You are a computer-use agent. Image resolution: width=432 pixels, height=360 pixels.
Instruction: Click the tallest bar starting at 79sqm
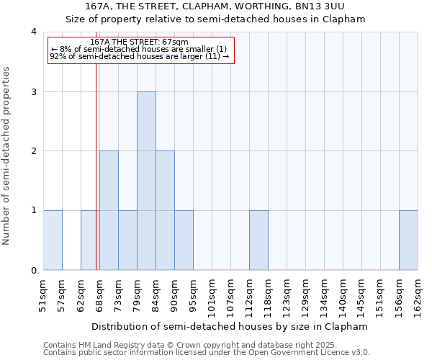pos(146,181)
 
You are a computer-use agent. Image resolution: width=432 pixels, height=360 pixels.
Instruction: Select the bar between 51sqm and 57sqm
pos(53,240)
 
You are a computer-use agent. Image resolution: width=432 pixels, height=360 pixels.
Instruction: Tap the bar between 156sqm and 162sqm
pos(408,240)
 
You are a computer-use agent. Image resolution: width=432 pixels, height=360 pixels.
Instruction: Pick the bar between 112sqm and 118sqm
pos(258,240)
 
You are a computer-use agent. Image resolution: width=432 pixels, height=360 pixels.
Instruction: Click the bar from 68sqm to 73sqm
pos(109,210)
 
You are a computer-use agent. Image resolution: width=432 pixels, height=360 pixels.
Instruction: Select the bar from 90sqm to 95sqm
pos(184,240)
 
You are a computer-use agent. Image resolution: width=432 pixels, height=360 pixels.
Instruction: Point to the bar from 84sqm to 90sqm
pos(165,210)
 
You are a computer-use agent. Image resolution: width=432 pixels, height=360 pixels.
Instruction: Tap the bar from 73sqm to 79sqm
pos(127,240)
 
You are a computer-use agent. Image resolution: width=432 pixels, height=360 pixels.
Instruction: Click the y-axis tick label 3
pos(34,91)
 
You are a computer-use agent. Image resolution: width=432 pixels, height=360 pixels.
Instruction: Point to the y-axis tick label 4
pos(34,32)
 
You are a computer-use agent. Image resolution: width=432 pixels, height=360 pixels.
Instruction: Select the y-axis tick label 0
pos(34,271)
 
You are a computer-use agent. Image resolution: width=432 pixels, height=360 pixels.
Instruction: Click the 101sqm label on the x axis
pos(212,295)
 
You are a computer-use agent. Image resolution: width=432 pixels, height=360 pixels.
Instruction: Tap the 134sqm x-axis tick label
pos(325,295)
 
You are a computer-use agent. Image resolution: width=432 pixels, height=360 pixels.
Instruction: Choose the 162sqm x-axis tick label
pos(418,295)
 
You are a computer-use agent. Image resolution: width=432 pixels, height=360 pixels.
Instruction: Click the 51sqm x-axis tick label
pos(44,295)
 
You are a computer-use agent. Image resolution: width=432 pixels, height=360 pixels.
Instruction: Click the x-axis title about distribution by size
pos(230,326)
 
